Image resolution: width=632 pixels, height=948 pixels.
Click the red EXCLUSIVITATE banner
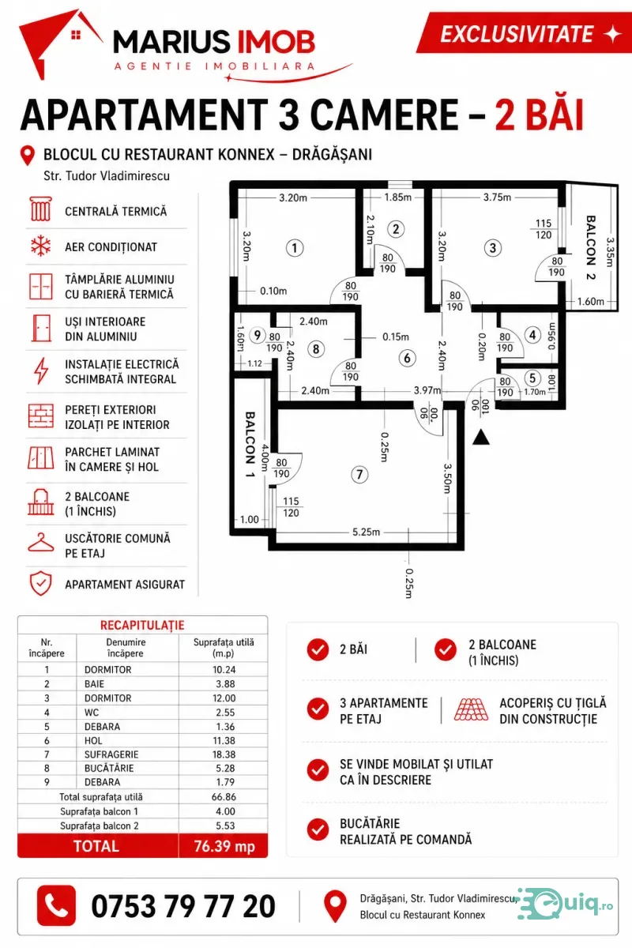(524, 33)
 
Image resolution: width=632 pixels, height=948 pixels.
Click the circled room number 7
(359, 475)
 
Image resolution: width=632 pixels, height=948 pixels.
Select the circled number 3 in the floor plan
(492, 247)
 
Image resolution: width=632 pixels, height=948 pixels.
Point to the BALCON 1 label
(250, 444)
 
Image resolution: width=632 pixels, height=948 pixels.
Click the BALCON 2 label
(591, 247)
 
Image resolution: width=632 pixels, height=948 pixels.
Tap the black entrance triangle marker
(481, 437)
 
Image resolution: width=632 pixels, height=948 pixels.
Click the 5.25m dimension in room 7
(366, 532)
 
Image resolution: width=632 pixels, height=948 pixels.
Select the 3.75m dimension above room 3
(497, 197)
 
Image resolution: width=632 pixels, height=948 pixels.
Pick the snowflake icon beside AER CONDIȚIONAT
(40, 246)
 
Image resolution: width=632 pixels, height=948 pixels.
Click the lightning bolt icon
(41, 371)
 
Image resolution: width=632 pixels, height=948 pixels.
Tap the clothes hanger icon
(40, 543)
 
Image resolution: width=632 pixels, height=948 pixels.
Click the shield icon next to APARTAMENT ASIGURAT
(40, 584)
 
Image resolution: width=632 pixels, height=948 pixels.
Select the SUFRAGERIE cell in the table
(109, 754)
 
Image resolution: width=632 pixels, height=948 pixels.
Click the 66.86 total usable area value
(224, 796)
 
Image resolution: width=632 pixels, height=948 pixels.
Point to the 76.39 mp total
(224, 846)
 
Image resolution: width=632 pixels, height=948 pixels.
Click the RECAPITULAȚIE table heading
(142, 625)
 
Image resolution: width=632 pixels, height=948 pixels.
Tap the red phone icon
(56, 905)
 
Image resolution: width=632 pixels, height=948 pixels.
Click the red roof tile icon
(471, 709)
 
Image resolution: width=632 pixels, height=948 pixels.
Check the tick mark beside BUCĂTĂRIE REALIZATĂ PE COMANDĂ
(318, 829)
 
